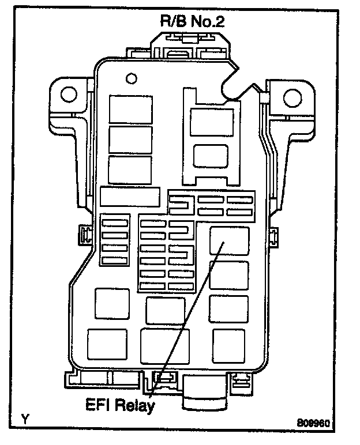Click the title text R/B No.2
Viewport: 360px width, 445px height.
192,22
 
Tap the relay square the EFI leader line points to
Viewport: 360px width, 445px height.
229,240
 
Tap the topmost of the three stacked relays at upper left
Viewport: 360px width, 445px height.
130,109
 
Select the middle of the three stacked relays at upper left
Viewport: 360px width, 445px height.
130,139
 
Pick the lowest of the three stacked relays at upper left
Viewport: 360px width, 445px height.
130,169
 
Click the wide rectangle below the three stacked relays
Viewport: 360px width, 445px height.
130,197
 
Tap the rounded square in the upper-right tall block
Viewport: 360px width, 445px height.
206,156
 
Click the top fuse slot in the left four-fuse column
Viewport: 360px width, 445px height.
115,223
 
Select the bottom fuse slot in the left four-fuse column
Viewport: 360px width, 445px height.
115,261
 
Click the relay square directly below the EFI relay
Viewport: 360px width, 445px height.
229,275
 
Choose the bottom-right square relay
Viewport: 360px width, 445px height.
229,344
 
